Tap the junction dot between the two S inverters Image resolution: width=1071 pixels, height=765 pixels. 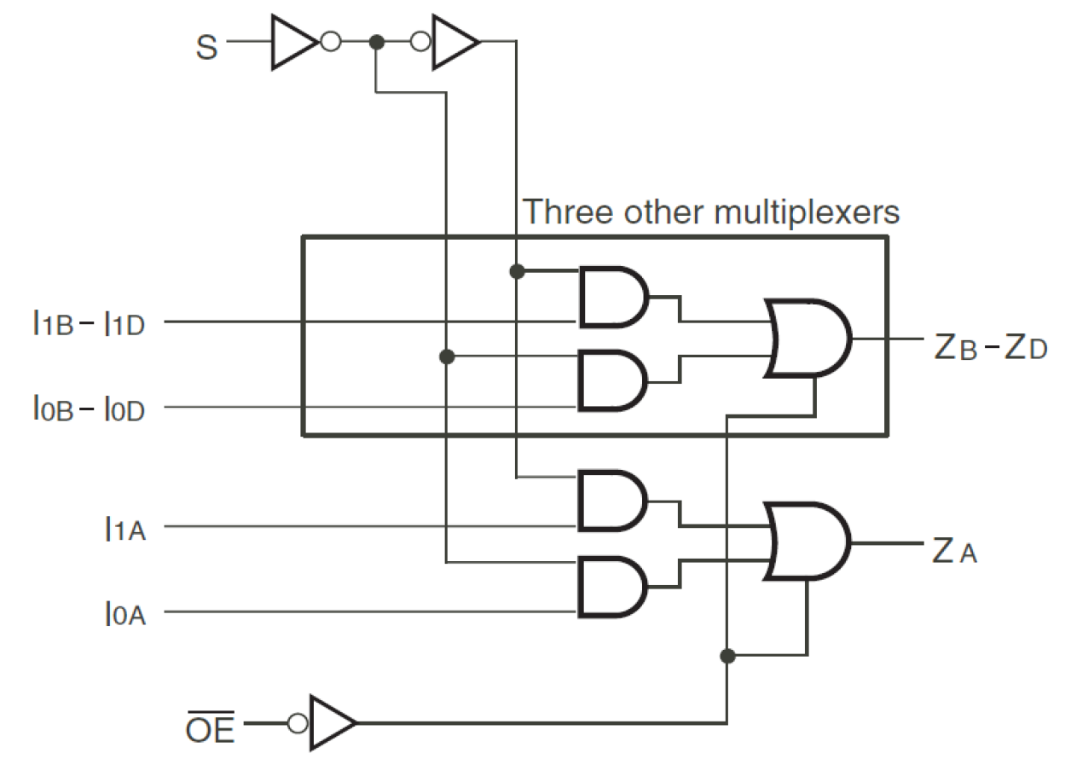tap(375, 42)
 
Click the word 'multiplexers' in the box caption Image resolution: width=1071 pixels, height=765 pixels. tap(806, 211)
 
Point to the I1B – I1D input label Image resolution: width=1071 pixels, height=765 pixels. tap(89, 323)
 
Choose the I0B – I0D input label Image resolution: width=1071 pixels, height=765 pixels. tap(89, 409)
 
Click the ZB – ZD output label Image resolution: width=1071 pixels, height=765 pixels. tap(989, 349)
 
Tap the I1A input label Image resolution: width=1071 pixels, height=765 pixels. tap(124, 529)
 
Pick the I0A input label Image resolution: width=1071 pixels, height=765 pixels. tap(124, 613)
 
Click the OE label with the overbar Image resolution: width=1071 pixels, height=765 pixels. tap(210, 729)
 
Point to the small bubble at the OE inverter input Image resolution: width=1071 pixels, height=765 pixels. tap(297, 723)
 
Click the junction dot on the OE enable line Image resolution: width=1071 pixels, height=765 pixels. tap(727, 656)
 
